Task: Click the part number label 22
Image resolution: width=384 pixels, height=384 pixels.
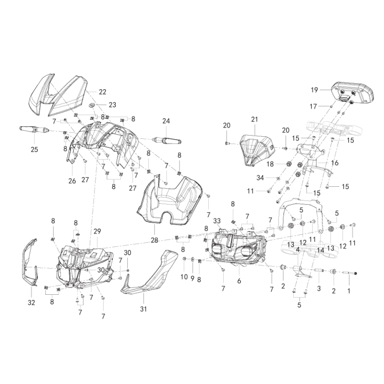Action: [x=103, y=92]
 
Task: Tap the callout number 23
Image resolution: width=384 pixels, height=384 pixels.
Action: [x=112, y=105]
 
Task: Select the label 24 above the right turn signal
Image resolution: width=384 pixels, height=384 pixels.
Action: [x=166, y=121]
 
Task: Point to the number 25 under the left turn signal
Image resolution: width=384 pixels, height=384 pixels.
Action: [x=35, y=149]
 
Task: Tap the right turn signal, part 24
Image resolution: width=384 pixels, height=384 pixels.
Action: [x=167, y=141]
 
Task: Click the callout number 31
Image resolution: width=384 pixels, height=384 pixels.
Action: [x=143, y=309]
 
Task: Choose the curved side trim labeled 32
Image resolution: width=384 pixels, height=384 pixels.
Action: [x=30, y=262]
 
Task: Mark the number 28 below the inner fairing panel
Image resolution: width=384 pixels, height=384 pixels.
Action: [x=155, y=240]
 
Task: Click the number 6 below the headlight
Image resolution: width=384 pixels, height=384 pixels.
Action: [x=239, y=281]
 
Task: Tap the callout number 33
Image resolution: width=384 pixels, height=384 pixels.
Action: [x=217, y=221]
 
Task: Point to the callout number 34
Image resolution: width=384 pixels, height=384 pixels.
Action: [x=260, y=178]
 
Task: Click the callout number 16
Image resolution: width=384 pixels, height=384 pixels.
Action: [x=335, y=163]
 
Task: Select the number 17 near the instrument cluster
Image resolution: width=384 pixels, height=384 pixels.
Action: [x=313, y=106]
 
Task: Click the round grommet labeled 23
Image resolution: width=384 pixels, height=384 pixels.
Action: [x=92, y=105]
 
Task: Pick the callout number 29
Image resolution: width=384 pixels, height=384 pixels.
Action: [x=97, y=231]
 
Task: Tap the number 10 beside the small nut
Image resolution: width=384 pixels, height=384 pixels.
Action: [x=184, y=277]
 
